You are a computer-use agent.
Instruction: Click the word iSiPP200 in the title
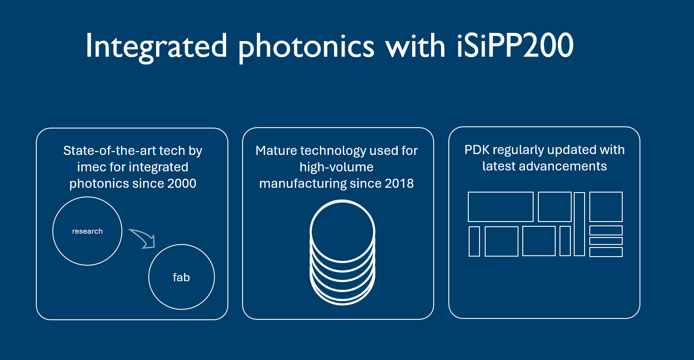pos(515,45)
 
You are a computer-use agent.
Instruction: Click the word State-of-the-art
pos(111,151)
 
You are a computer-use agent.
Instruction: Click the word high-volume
pos(336,167)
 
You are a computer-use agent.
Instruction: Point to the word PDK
pos(477,150)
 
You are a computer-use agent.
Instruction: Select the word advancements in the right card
pos(563,166)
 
